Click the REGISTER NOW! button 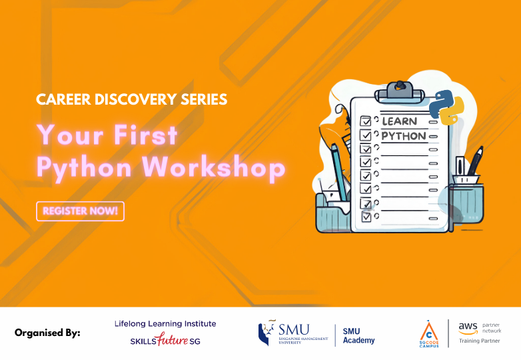80,211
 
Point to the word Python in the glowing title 83,168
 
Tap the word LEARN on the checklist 399,121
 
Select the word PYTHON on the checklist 403,136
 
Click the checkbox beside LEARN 365,121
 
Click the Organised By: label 47,333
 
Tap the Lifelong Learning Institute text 165,324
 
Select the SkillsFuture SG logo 165,341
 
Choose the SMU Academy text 358,335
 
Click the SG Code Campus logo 428,333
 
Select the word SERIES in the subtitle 203,99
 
